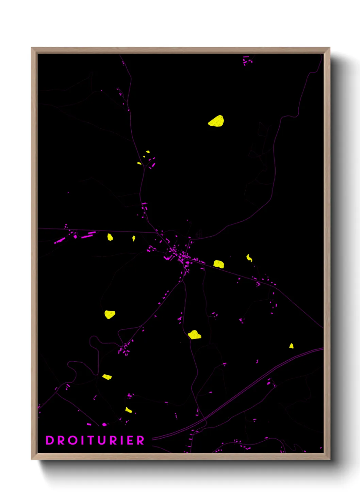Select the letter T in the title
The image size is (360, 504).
point(90,440)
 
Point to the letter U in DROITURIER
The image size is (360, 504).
point(101,440)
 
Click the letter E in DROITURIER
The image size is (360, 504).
point(131,440)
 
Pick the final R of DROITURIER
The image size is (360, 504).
point(141,440)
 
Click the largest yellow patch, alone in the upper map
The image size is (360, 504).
point(216,121)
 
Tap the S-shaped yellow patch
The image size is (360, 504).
point(249,258)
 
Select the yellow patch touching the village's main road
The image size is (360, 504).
point(219,264)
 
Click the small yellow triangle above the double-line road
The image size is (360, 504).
point(291,346)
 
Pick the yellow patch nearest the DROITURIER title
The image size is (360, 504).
point(128,410)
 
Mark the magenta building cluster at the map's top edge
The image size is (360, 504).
point(247,61)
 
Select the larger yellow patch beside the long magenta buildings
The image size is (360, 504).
point(110,237)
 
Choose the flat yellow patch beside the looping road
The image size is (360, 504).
point(107,377)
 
